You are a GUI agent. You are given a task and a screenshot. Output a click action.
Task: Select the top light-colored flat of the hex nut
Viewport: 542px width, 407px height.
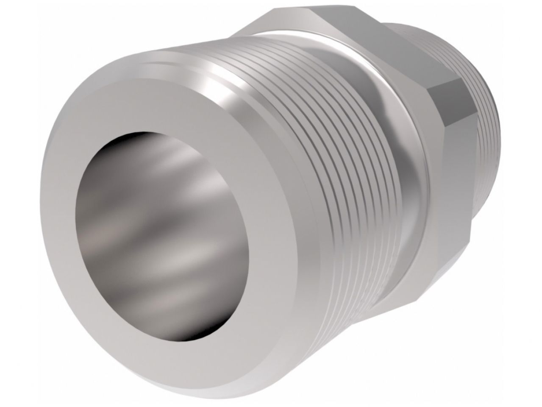(339, 25)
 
